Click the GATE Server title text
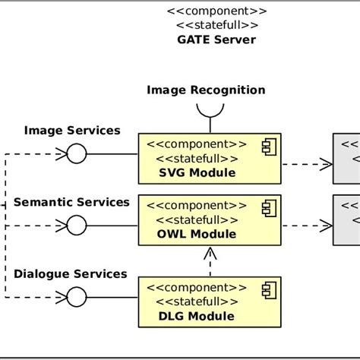[216, 39]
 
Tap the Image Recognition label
[206, 90]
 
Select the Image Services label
[72, 131]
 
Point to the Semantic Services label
[72, 202]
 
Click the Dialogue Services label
[71, 273]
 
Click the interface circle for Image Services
[76, 154]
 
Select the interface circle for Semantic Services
[76, 225]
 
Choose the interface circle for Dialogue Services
[76, 296]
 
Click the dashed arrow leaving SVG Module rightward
[307, 163]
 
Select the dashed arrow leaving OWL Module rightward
[307, 225]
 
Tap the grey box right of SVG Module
[346, 158]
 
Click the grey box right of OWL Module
[346, 219]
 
